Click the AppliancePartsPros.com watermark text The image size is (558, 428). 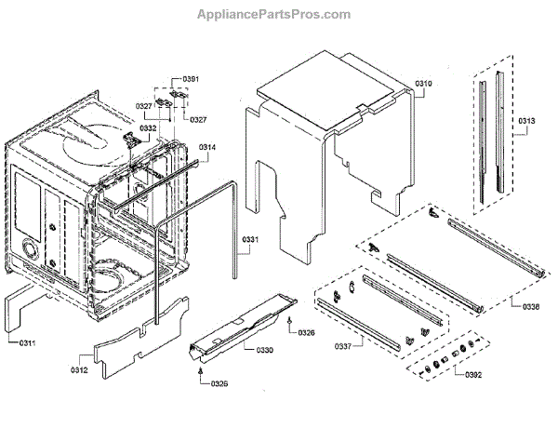275,15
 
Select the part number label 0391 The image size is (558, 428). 190,79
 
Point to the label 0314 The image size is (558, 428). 206,147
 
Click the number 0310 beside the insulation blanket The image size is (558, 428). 423,85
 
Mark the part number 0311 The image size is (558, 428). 30,343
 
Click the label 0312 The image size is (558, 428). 78,370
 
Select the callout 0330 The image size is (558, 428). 264,349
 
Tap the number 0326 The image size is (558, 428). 306,333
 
